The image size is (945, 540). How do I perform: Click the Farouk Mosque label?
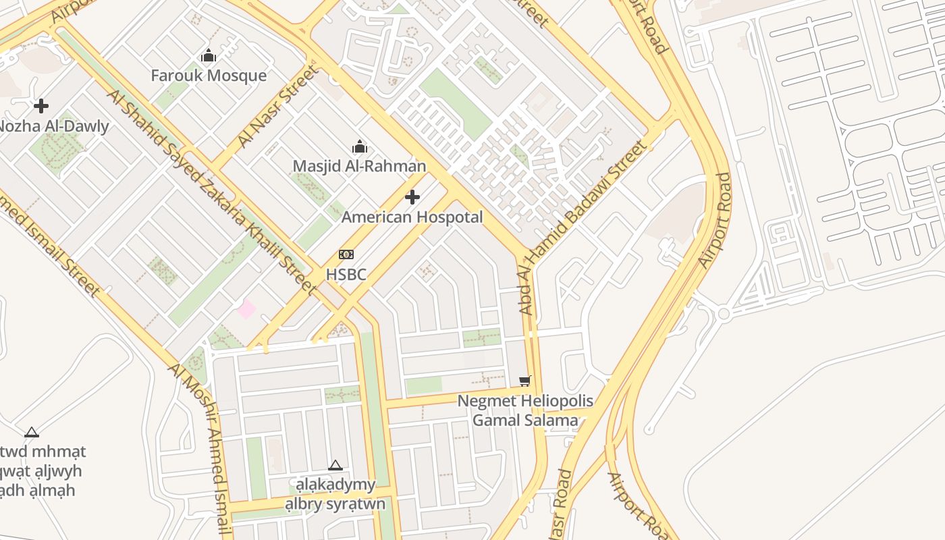[209, 75]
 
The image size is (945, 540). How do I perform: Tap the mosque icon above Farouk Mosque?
[209, 56]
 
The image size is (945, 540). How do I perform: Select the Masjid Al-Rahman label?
[359, 165]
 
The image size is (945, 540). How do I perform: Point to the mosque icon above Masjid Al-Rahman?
[360, 146]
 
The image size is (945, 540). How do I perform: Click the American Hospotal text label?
[412, 217]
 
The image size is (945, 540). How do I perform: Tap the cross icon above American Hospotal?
[412, 197]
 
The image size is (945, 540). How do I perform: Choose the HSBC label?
[346, 274]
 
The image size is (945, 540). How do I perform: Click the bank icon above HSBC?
[346, 254]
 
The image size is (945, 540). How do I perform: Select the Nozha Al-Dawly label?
[53, 126]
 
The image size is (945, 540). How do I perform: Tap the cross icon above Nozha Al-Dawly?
[41, 106]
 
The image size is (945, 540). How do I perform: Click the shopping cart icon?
[525, 381]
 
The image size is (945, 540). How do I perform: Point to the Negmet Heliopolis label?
[525, 401]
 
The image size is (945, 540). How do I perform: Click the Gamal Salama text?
[525, 420]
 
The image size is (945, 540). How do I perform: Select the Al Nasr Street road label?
[277, 106]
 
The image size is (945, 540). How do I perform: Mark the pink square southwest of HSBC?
[246, 309]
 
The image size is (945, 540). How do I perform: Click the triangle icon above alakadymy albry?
[335, 465]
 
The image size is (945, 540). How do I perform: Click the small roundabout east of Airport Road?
[724, 313]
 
